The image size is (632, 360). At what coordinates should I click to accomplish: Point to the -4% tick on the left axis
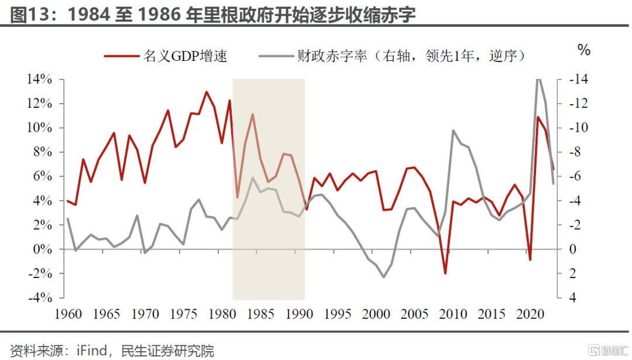click(39, 298)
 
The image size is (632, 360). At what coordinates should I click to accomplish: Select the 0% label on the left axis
click(42, 249)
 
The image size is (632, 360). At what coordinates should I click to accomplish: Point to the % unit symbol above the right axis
click(584, 50)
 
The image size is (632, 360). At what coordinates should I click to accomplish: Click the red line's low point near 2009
click(445, 273)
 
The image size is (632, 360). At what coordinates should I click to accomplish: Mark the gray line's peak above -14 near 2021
click(538, 79)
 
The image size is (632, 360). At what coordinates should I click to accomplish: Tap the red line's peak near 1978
click(207, 92)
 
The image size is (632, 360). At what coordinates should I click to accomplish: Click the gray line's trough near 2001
click(384, 277)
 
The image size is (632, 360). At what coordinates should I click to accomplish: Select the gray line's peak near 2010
click(453, 131)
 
